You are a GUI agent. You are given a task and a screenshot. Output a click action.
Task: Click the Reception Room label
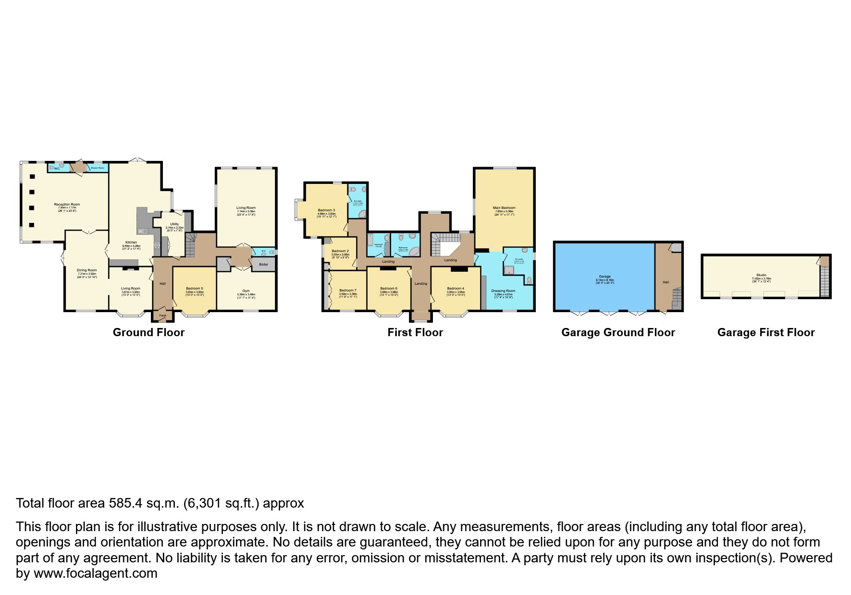67,205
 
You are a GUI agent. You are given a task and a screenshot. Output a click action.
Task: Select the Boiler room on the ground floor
263,264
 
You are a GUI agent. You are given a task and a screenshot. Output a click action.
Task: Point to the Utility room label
174,224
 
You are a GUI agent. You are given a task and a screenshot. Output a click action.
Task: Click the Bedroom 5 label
195,289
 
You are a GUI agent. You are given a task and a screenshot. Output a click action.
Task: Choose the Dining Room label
87,270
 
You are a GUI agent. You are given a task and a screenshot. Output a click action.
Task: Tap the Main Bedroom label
504,208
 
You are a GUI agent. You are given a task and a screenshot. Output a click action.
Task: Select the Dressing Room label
503,291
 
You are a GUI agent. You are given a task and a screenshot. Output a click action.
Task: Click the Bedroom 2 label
340,251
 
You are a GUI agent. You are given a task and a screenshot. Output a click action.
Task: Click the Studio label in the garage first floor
761,275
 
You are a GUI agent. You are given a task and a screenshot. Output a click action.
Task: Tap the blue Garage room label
604,277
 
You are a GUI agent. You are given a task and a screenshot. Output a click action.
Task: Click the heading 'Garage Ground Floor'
618,332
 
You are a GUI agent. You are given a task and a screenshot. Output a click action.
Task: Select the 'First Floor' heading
415,332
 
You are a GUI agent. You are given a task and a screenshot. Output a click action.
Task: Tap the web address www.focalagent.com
96,573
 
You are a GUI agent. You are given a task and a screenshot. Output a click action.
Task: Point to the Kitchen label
131,243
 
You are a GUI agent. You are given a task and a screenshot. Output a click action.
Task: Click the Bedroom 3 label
326,210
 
